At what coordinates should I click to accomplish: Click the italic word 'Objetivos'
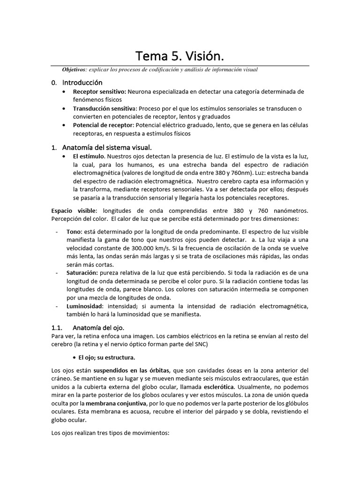(74, 70)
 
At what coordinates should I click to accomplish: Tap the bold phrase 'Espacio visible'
(73, 211)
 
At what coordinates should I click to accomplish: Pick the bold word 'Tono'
(74, 232)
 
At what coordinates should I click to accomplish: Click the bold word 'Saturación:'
(82, 272)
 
